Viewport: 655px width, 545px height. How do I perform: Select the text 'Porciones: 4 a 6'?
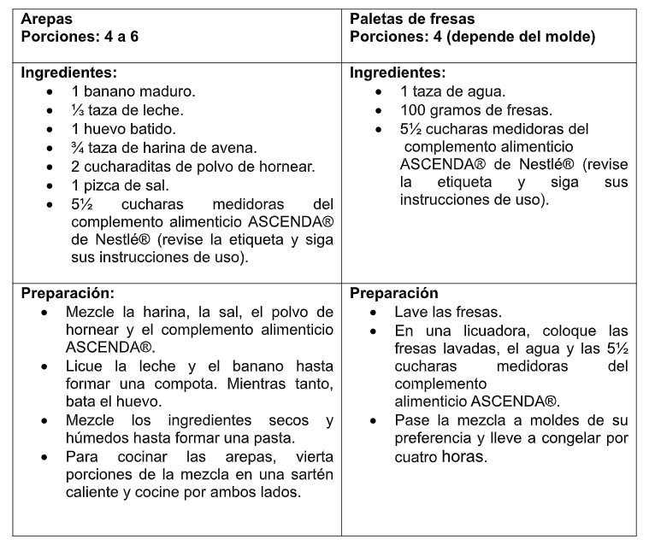78,38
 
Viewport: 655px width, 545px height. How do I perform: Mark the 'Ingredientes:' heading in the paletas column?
398,73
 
